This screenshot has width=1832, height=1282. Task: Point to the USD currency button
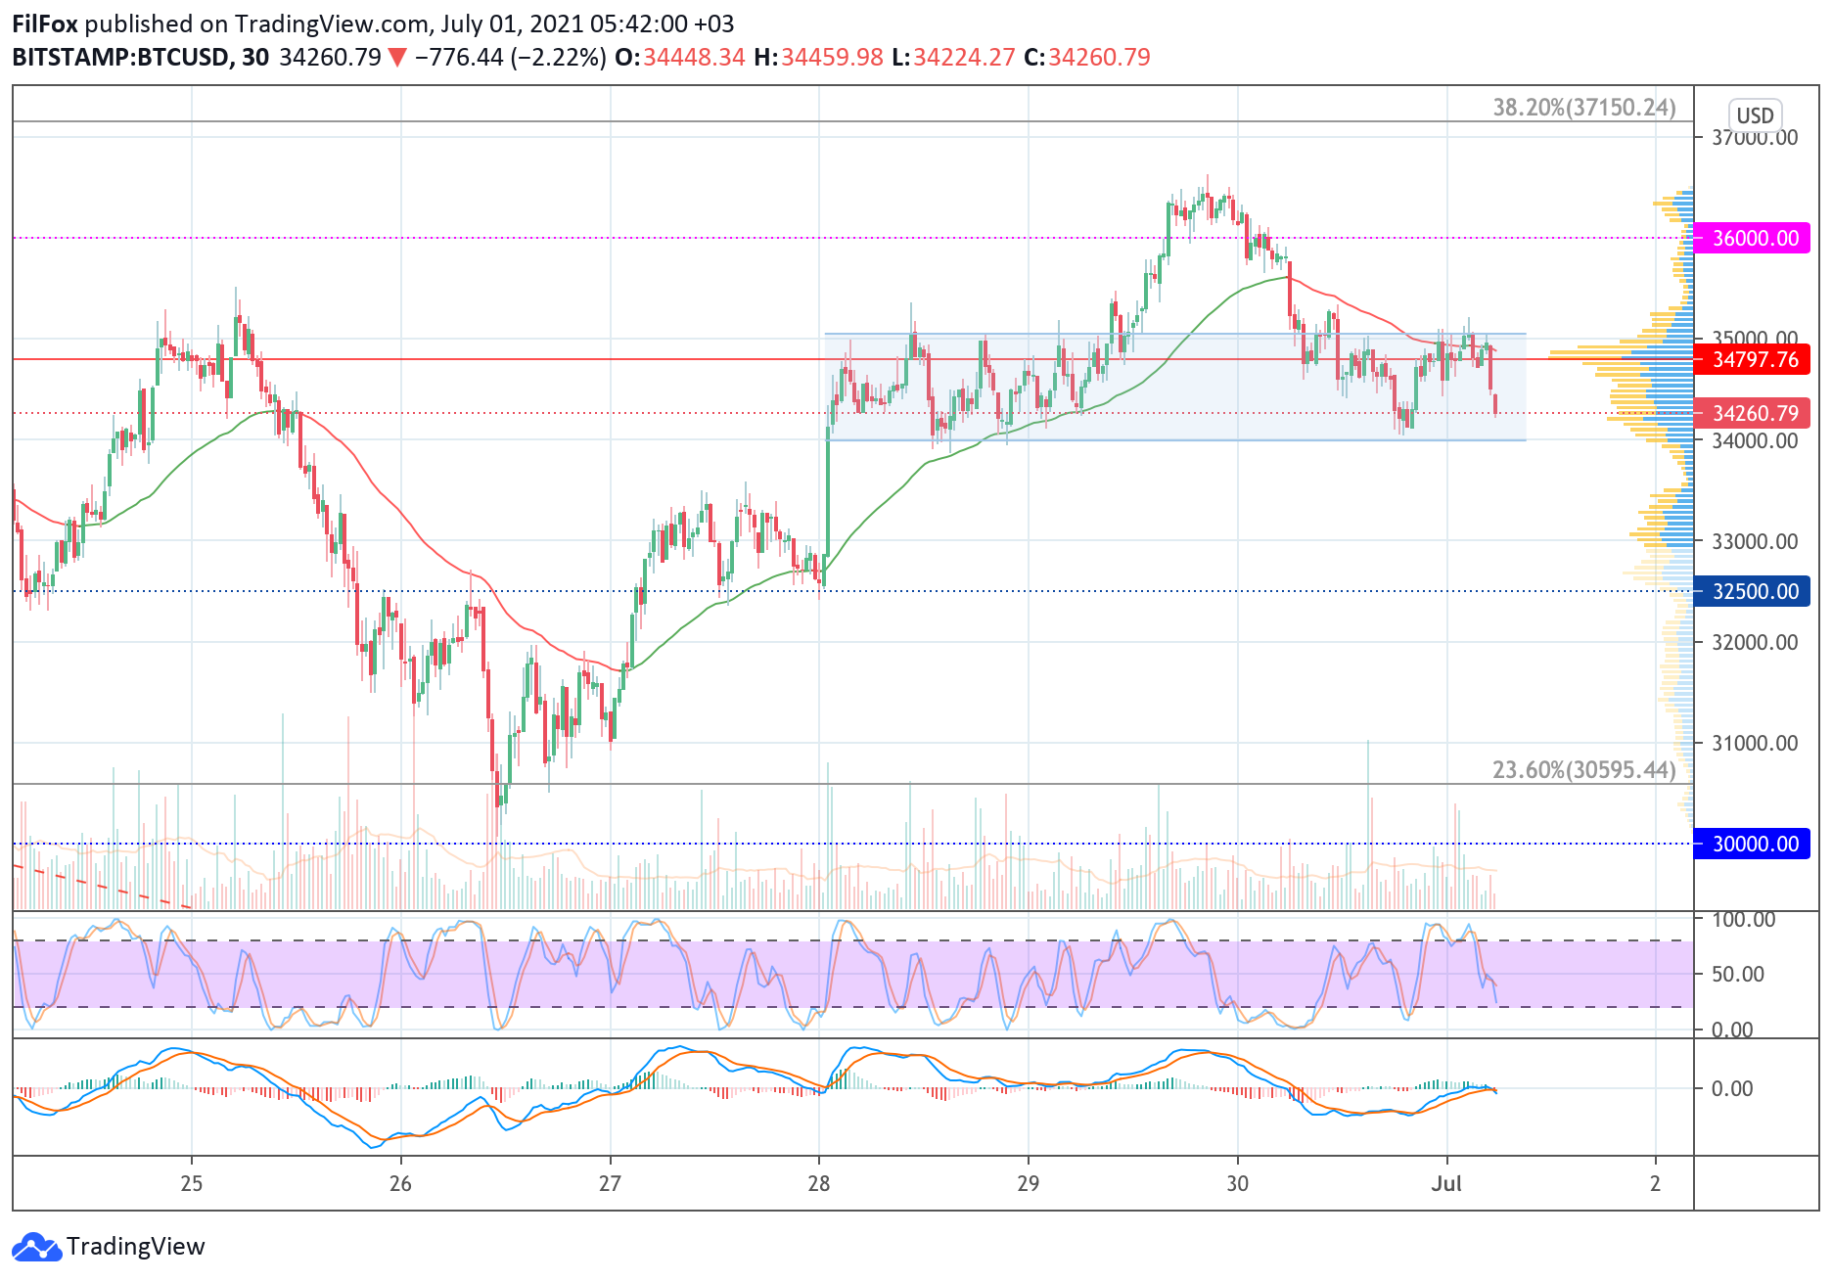coord(1755,115)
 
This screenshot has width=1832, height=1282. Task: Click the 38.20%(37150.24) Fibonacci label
coord(1583,108)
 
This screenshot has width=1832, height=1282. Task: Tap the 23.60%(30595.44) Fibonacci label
coord(1583,770)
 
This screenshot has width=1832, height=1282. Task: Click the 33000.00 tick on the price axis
coord(1755,541)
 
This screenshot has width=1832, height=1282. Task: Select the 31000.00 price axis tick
coord(1755,743)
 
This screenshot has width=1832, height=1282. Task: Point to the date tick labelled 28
coord(818,1183)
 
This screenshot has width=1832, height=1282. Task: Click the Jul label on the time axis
coord(1445,1183)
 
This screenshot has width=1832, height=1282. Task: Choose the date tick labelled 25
coord(192,1183)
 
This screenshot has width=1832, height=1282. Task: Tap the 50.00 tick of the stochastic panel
coord(1738,974)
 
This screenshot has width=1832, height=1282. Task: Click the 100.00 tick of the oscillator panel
coord(1743,920)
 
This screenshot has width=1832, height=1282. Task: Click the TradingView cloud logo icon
coord(36,1247)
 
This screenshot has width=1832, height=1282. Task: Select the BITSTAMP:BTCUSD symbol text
coord(120,57)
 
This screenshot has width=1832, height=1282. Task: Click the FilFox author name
coord(44,23)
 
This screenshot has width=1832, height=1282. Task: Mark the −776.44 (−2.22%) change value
coord(510,57)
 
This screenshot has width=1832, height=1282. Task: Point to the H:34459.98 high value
coord(818,57)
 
